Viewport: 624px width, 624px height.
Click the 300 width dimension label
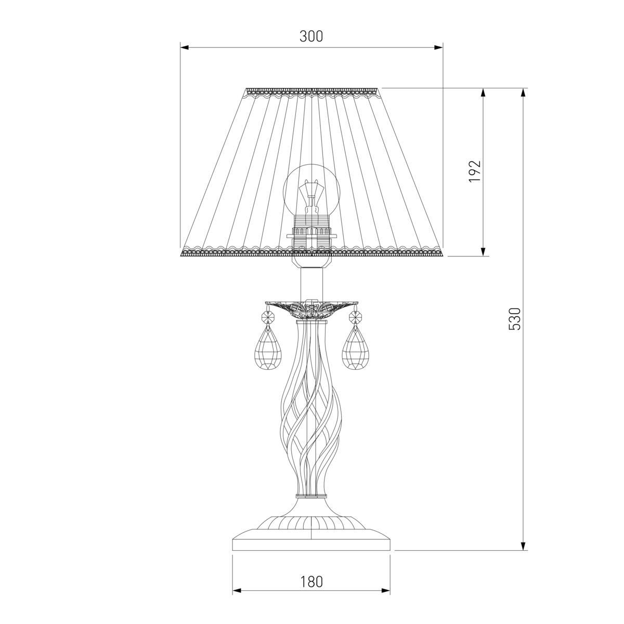pos(311,36)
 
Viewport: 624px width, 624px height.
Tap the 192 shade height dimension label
pos(475,171)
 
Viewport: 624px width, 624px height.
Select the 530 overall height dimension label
pos(514,319)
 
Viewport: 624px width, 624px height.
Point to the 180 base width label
pos(312,582)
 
